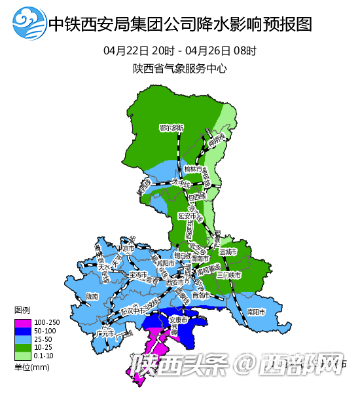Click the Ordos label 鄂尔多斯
click(x=171, y=128)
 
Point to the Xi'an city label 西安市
click(x=175, y=282)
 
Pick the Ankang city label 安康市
click(x=179, y=320)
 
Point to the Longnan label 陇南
click(x=93, y=296)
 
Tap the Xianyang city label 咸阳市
click(x=166, y=263)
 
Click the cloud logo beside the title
click(x=29, y=25)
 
